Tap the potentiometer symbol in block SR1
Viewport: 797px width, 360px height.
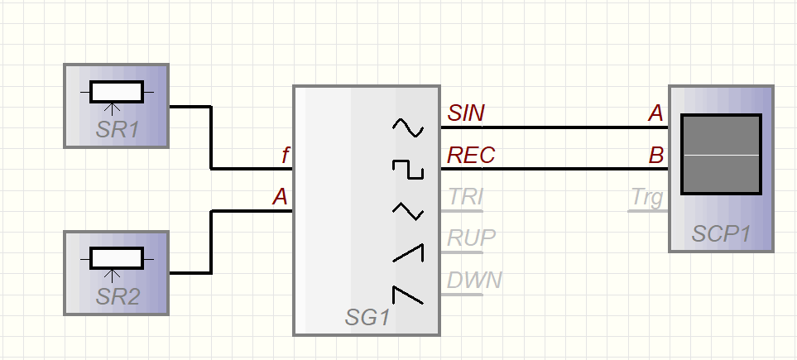116,93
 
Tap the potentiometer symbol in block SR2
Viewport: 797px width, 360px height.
116,259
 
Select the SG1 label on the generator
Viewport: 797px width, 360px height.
367,317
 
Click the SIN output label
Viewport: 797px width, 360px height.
467,113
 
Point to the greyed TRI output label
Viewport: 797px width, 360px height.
465,197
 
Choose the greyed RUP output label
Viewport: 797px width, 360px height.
471,238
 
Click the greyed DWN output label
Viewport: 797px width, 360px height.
474,280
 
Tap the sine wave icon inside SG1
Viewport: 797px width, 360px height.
407,127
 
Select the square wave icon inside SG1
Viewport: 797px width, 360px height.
407,170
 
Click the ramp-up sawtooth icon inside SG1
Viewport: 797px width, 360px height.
407,253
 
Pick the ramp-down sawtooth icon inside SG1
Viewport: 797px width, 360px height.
407,295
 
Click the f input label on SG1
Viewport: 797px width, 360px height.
285,155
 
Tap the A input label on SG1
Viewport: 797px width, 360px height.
281,197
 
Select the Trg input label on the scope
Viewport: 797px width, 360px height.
647,197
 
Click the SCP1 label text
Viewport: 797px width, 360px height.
721,234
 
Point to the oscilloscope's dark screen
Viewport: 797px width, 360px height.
720,155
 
